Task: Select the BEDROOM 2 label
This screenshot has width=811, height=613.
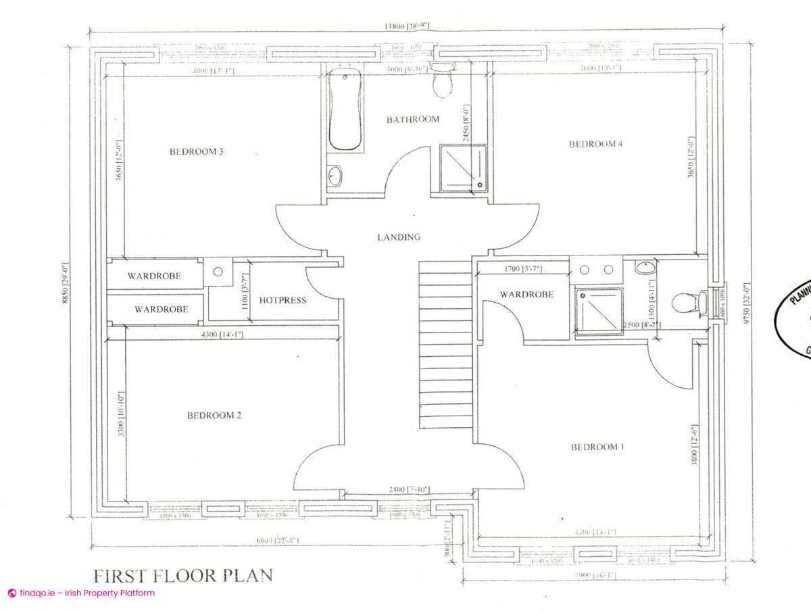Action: [214, 416]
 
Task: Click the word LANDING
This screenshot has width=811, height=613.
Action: [399, 237]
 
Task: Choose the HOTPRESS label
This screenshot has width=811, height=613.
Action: [282, 300]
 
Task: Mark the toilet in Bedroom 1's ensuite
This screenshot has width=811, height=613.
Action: [688, 302]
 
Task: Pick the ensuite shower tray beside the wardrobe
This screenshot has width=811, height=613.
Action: [599, 310]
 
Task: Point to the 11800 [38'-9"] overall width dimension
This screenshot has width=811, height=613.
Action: [406, 26]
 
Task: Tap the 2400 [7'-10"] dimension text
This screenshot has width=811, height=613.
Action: [408, 489]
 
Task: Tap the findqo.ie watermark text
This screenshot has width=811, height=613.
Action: [81, 593]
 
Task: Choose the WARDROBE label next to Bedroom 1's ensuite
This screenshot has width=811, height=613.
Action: [526, 294]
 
